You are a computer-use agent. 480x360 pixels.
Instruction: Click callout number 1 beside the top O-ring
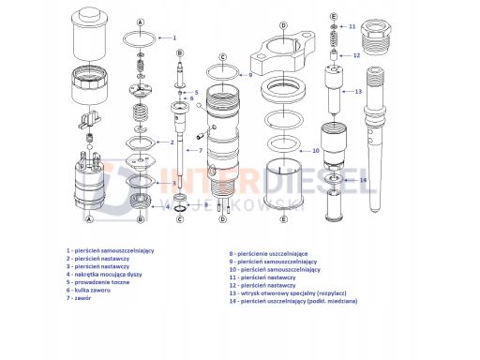(x=174, y=37)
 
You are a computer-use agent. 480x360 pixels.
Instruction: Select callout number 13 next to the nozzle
(x=358, y=92)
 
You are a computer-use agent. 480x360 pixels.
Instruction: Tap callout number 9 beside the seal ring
(x=250, y=75)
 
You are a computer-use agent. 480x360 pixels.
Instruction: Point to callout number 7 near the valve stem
(x=201, y=150)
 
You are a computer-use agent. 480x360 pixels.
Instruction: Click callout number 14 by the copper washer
(x=363, y=180)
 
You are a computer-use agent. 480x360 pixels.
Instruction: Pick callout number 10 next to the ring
(x=316, y=151)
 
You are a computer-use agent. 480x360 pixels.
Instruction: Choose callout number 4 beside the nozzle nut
(x=168, y=206)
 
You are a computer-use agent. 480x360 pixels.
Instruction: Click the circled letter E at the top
(x=334, y=16)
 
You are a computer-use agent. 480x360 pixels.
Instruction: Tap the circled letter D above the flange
(x=283, y=25)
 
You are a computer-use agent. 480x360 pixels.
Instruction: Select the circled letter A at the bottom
(x=90, y=219)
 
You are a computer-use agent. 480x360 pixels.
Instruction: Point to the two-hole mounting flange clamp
(x=283, y=52)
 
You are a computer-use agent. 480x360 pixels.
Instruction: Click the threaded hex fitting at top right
(x=376, y=37)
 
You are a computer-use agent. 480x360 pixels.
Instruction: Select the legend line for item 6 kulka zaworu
(x=88, y=290)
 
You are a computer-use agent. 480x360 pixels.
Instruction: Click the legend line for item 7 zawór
(x=79, y=298)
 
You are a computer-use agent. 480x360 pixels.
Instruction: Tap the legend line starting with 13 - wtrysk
(x=288, y=293)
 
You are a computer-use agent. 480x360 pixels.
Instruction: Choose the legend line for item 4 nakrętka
(x=104, y=275)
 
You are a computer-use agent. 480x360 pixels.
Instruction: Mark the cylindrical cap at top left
(x=90, y=35)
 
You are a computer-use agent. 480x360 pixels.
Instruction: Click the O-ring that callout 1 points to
(x=140, y=33)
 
